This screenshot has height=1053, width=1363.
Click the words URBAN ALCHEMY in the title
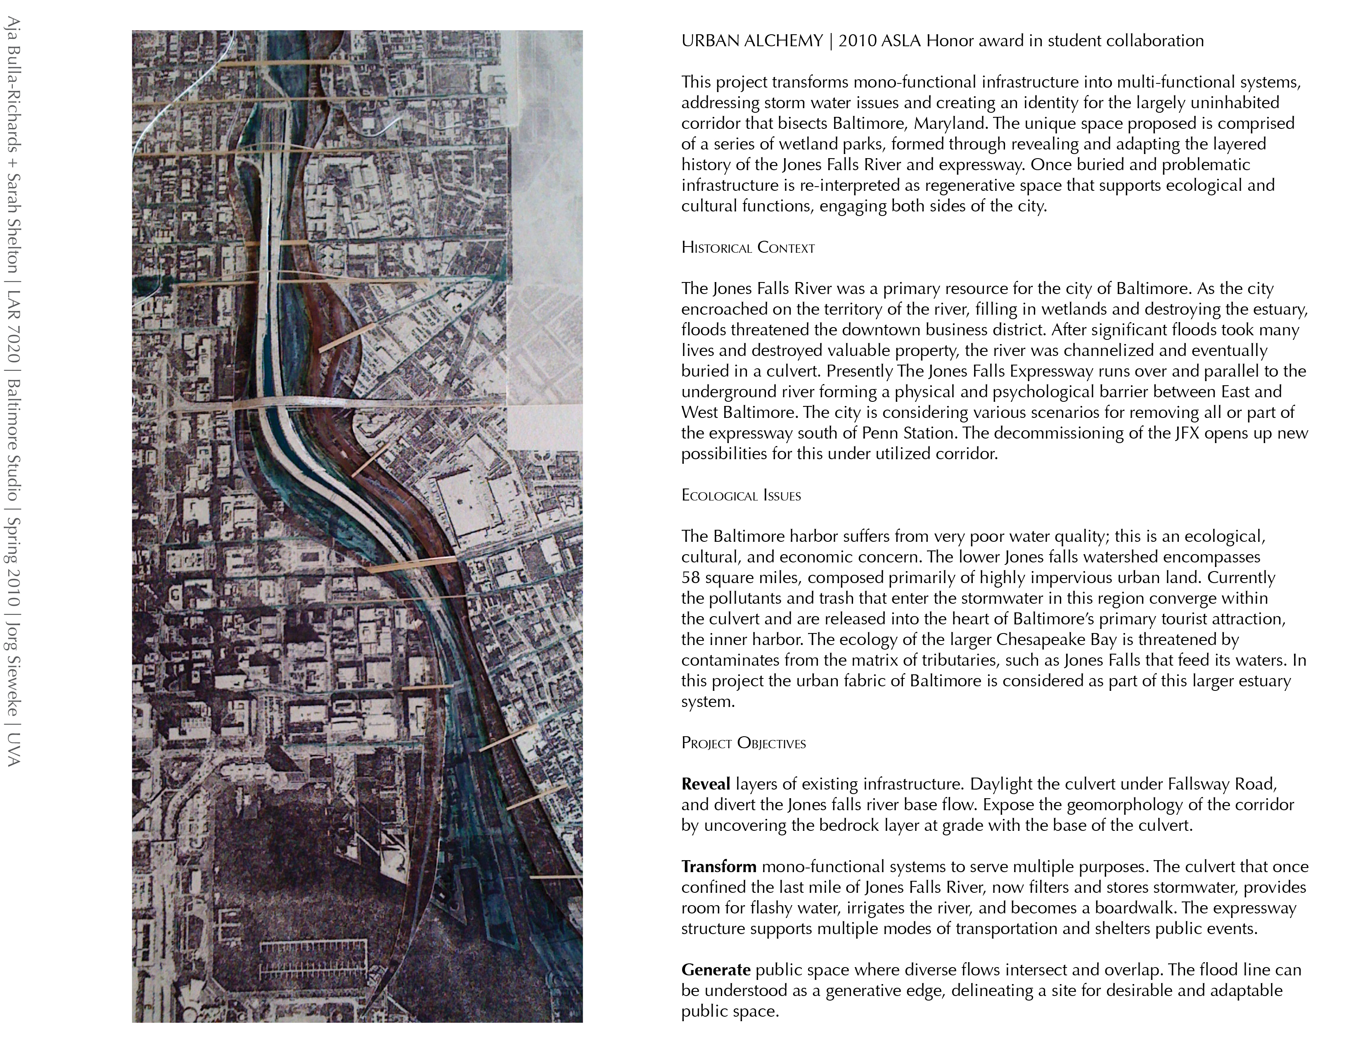(x=752, y=41)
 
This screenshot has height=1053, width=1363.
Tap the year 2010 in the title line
(x=858, y=41)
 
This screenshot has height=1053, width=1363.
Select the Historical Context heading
(x=748, y=248)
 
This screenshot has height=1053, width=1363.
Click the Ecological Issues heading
(x=741, y=496)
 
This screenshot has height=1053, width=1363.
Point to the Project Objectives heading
(x=743, y=743)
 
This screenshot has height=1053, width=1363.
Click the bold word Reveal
(x=705, y=785)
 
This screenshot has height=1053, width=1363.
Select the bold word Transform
(x=718, y=867)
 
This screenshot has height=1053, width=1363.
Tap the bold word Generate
(x=716, y=970)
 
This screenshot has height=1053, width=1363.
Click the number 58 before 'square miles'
(x=691, y=577)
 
